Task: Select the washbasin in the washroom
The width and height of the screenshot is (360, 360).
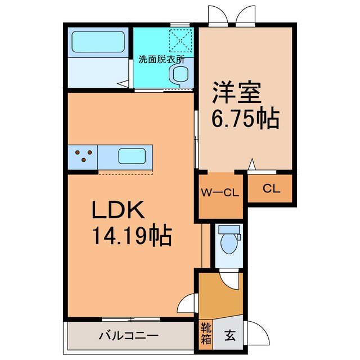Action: [180, 73]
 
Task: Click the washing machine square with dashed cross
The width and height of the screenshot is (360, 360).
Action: [181, 41]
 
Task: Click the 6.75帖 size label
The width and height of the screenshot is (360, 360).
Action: [245, 118]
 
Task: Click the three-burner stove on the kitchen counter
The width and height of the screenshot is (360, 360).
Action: [83, 156]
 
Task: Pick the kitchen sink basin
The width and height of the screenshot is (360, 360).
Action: [132, 155]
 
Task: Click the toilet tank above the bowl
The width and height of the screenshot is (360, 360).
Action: [228, 230]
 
